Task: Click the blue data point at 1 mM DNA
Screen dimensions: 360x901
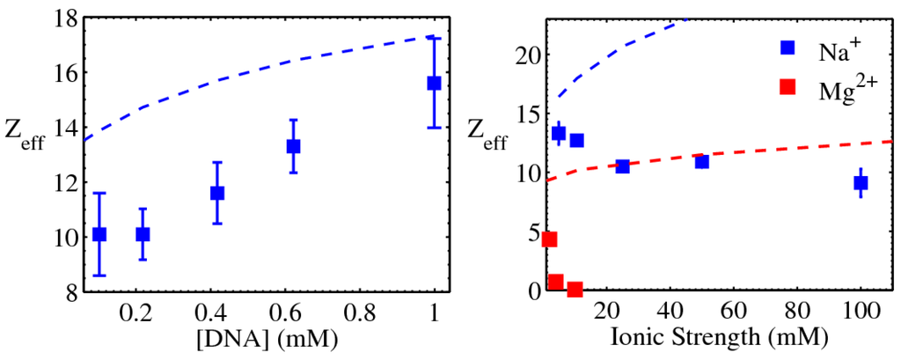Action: [x=434, y=83]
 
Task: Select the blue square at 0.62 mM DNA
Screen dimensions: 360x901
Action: [x=293, y=146]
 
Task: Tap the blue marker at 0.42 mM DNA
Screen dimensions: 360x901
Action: [x=217, y=193]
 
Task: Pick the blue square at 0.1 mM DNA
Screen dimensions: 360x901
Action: [x=99, y=234]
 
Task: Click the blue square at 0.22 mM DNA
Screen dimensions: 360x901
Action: [x=143, y=234]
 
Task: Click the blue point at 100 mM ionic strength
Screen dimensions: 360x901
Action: [x=861, y=183]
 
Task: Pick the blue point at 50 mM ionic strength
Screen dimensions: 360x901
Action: [x=701, y=161]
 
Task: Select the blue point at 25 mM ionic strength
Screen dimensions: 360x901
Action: [x=622, y=166]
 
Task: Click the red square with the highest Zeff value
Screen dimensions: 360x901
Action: [x=550, y=239]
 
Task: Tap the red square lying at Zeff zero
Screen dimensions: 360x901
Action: [x=575, y=289]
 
